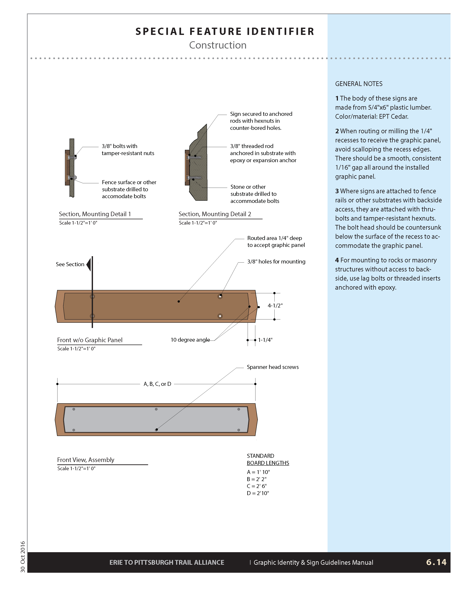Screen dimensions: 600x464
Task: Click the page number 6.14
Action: pos(436,562)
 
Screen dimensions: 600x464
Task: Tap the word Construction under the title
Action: pos(218,45)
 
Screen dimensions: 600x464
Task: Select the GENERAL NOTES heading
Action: pos(359,84)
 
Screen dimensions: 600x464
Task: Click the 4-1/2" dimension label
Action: pos(275,305)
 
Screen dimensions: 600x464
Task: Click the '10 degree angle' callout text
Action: pos(190,340)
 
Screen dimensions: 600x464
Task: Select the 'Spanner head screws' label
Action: pos(273,367)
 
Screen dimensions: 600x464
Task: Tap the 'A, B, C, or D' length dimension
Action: pos(157,384)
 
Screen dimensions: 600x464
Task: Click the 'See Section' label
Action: pos(70,264)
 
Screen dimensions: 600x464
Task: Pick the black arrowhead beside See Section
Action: pos(89,265)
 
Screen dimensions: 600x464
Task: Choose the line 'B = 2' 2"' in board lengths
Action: pos(257,479)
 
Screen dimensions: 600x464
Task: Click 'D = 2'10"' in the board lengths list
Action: pos(258,493)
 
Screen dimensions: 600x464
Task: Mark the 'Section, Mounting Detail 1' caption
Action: pos(95,214)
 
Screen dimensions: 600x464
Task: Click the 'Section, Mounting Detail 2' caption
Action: pos(215,214)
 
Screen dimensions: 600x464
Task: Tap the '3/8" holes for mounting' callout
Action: pos(276,261)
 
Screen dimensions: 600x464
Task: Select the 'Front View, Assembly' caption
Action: pos(86,460)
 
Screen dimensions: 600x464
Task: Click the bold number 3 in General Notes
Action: pos(337,191)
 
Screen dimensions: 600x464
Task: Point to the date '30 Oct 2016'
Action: pos(23,557)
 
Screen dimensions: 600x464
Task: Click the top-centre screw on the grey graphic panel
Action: pos(156,409)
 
